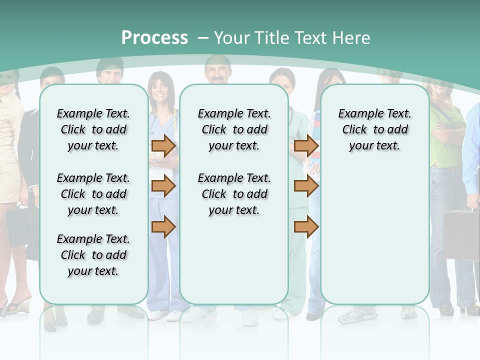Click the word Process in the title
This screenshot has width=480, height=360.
pos(154,38)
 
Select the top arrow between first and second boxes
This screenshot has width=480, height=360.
pos(163,145)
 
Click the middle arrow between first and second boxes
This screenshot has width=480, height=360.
pos(163,186)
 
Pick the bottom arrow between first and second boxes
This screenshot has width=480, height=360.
pos(163,226)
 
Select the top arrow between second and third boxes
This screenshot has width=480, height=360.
pos(306,145)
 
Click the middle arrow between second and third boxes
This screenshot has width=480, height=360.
pos(306,186)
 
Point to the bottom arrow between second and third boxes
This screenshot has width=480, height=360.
pos(306,226)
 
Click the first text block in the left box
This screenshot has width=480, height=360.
pos(93,129)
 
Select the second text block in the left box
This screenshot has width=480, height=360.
pos(93,194)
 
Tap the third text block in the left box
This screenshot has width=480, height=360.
pos(93,255)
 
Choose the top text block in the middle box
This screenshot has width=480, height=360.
pos(234,129)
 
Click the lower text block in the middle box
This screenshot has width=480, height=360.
pos(234,194)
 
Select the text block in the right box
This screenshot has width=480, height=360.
pos(374,129)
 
